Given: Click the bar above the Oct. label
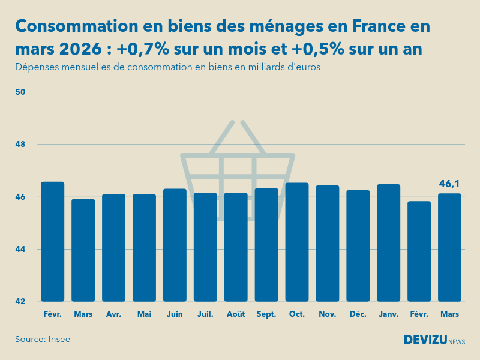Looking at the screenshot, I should [297, 242].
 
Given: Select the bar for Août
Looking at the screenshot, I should [236, 247].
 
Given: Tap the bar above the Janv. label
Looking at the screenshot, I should [389, 243].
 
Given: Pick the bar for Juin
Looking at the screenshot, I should [175, 245].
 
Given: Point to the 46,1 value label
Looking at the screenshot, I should [449, 184].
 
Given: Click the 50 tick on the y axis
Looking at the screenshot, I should [20, 92].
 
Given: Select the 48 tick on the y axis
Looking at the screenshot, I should [20, 145].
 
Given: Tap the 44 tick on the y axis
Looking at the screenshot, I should [20, 249].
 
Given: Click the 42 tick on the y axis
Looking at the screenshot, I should [20, 301].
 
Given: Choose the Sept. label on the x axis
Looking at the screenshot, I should [266, 314].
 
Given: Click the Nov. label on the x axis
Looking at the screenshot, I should [328, 314].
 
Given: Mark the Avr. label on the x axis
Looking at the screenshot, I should [113, 314].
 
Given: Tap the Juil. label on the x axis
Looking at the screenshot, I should [205, 314].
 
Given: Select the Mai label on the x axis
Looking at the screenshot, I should [144, 314].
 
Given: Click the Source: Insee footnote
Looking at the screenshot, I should [43, 340].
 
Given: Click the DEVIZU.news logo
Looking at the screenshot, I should [434, 340].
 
